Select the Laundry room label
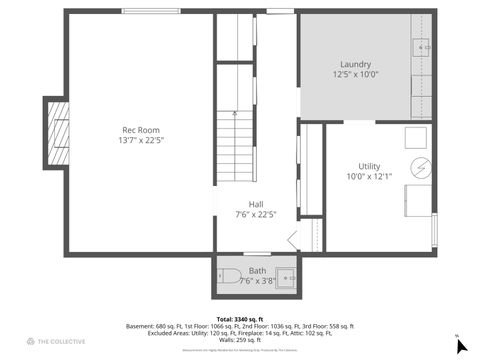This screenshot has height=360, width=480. (x=355, y=63)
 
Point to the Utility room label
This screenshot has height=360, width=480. (x=369, y=166)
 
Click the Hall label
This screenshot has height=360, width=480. (x=256, y=203)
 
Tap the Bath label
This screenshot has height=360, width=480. (x=257, y=270)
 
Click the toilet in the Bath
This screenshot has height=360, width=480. (x=228, y=277)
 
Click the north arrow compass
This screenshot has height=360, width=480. (x=461, y=346)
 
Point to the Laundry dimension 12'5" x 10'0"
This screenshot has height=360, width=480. (x=355, y=74)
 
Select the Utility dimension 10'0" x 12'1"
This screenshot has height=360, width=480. (x=369, y=177)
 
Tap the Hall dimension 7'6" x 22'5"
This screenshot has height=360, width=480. (x=256, y=214)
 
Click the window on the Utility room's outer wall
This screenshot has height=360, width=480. (x=435, y=231)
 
